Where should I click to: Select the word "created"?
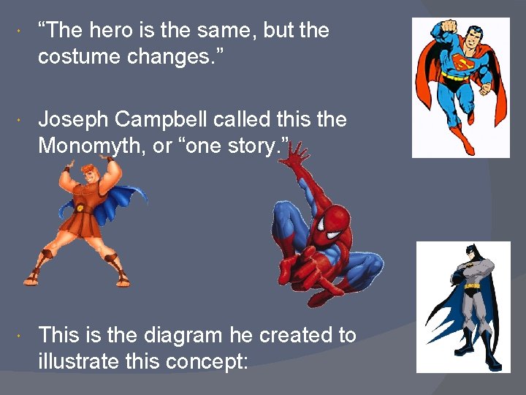point(290,336)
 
